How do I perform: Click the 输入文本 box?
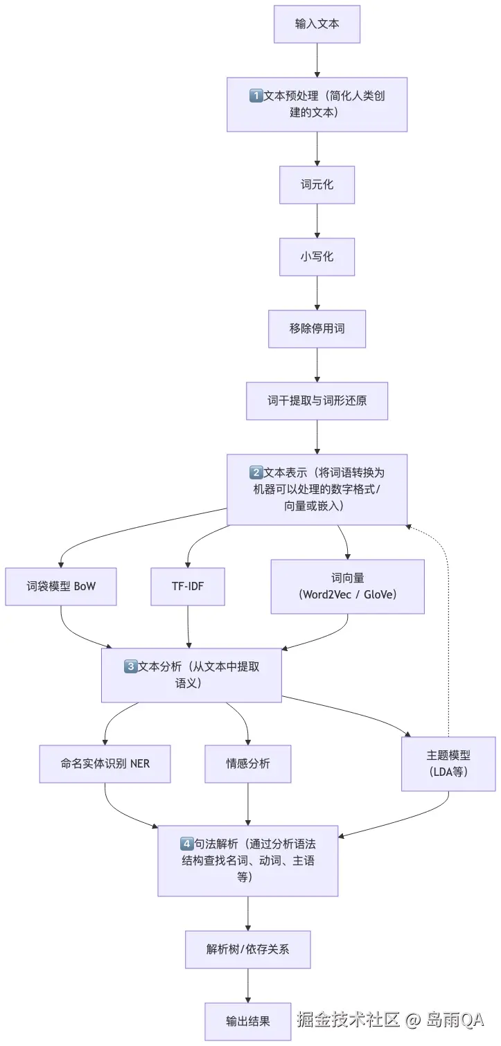(x=317, y=24)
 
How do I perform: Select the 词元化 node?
(x=317, y=185)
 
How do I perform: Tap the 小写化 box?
(x=317, y=256)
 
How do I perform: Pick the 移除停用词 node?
(x=317, y=328)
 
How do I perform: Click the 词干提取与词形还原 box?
(x=317, y=400)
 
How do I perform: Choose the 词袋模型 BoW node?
(x=60, y=587)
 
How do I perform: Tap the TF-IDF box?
(x=188, y=587)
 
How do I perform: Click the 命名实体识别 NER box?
(x=105, y=763)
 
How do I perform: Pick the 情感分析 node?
(x=247, y=763)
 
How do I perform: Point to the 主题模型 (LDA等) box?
(x=448, y=763)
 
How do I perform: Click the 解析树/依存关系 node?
(x=247, y=949)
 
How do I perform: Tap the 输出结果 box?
(x=247, y=1021)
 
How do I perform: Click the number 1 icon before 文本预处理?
(x=256, y=96)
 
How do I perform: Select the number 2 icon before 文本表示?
(x=256, y=473)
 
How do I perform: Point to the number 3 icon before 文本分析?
(x=130, y=666)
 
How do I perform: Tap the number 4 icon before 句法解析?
(x=186, y=844)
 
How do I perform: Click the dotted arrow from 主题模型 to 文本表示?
(x=448, y=623)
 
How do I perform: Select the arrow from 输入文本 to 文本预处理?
(x=317, y=60)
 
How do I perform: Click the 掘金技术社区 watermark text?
(x=349, y=1019)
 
